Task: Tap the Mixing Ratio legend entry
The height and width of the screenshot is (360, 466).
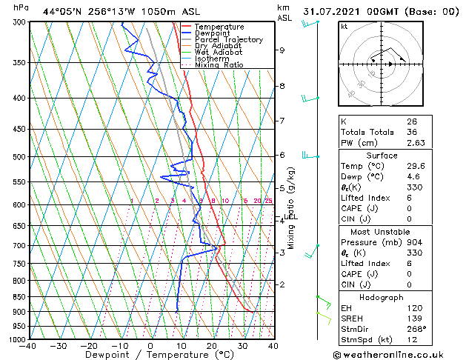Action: pyautogui.click(x=219, y=64)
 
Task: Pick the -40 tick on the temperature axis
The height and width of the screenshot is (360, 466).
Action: pyautogui.click(x=28, y=346)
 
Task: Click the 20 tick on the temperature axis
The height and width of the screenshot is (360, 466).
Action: pyautogui.click(x=211, y=346)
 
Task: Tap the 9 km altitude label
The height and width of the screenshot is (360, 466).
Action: pyautogui.click(x=282, y=50)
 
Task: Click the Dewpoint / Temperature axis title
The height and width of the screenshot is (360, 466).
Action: pyautogui.click(x=150, y=355)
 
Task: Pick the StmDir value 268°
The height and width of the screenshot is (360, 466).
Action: pyautogui.click(x=416, y=328)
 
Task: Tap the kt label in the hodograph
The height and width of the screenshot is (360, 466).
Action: pyautogui.click(x=344, y=27)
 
